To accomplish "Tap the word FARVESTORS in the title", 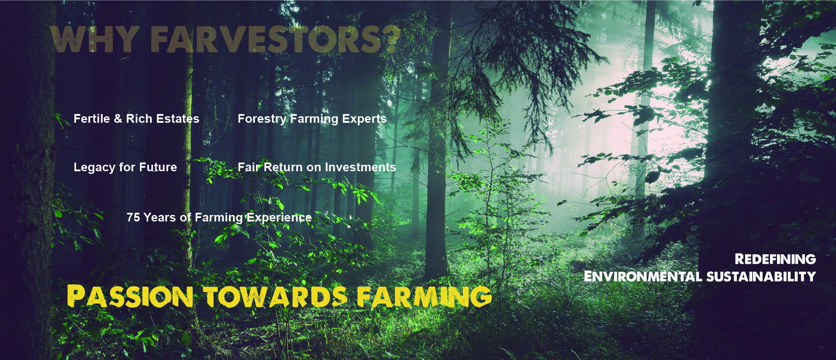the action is tap(267, 39).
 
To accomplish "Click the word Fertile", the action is tap(92, 119).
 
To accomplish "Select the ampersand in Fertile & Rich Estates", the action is tap(118, 119).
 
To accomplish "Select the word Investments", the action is tap(361, 167).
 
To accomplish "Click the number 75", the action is tap(133, 218).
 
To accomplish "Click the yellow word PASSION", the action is tap(130, 296).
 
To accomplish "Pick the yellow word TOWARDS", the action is tap(275, 297).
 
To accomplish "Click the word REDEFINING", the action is tap(775, 259).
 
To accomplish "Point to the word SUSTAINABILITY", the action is tap(761, 277).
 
